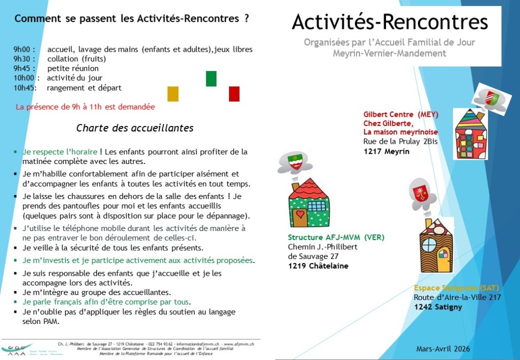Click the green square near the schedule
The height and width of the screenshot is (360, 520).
tap(211, 79)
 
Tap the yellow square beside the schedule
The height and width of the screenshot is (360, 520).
tap(173, 94)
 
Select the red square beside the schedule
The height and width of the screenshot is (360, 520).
tap(234, 94)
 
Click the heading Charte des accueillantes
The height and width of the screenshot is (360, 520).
tap(135, 128)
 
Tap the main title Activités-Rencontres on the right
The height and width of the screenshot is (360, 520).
tap(390, 22)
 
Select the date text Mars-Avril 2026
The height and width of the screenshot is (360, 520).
tap(443, 349)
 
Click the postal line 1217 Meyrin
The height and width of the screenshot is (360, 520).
tap(386, 151)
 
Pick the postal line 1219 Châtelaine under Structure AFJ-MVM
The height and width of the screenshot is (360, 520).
tap(318, 266)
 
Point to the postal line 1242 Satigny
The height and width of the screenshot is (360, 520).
tap(438, 307)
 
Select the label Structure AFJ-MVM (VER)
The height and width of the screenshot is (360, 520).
tap(336, 238)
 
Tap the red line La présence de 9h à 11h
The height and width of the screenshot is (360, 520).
tap(85, 107)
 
